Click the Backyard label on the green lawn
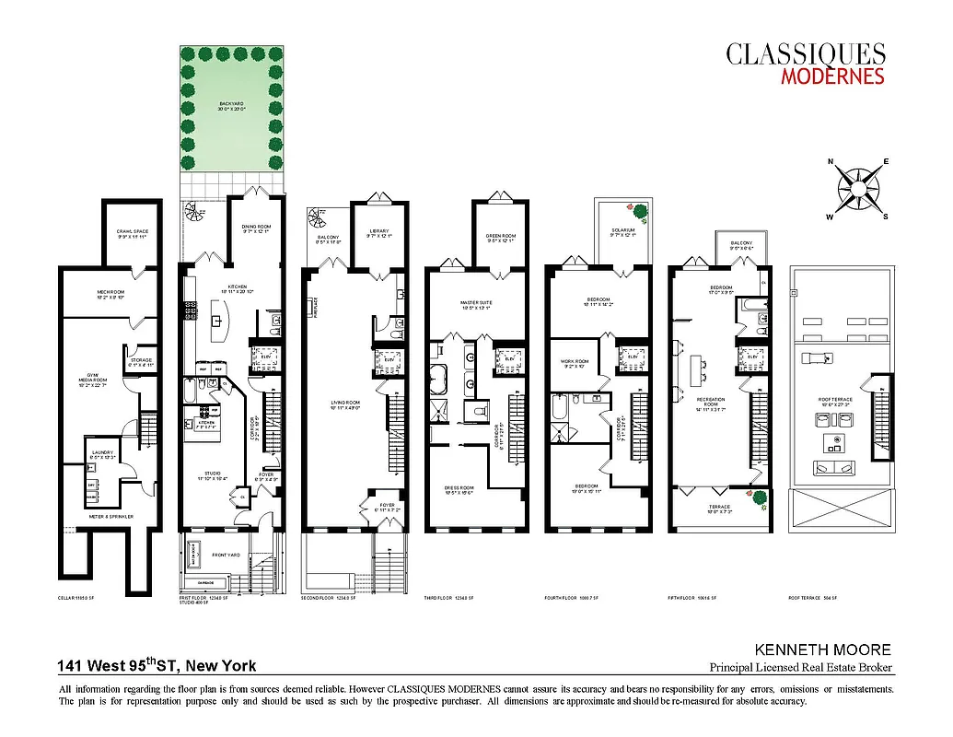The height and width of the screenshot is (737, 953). click(x=230, y=104)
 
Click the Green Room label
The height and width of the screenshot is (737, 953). click(x=500, y=236)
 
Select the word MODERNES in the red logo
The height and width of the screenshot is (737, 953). click(x=832, y=76)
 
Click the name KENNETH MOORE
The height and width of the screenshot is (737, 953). click(x=822, y=650)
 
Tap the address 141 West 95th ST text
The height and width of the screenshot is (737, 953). click(x=157, y=666)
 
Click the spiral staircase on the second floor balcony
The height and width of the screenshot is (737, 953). click(x=316, y=220)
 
